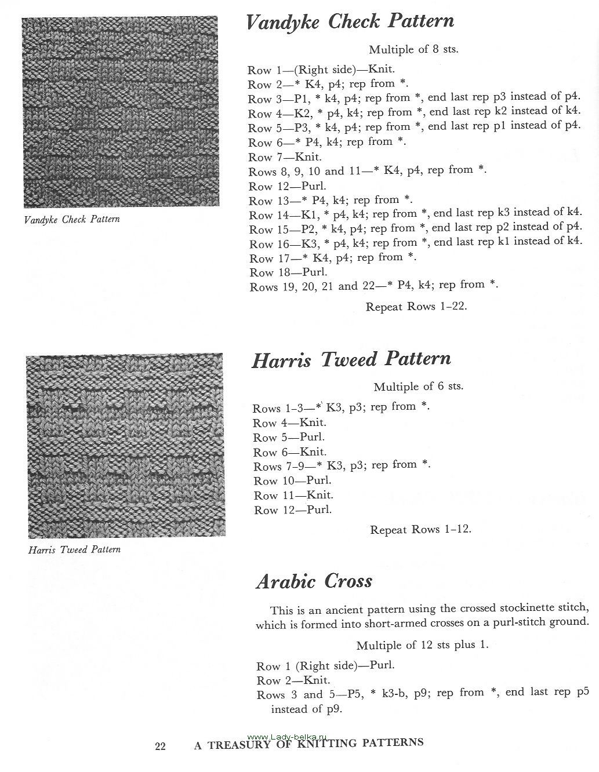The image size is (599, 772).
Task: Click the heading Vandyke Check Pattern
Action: (350, 22)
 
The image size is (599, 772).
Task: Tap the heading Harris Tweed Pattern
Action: (351, 359)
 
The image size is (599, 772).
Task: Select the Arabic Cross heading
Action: (314, 581)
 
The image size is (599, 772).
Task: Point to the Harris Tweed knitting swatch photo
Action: (125, 446)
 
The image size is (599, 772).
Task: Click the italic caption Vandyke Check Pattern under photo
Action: (72, 220)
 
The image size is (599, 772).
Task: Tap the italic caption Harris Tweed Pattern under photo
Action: (74, 549)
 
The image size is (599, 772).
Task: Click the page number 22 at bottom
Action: (160, 746)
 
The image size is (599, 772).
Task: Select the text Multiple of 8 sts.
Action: (413, 49)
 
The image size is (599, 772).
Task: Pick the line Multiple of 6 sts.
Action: (418, 386)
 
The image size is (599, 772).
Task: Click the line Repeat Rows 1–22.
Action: (416, 306)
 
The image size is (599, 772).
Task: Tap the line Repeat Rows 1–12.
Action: (420, 529)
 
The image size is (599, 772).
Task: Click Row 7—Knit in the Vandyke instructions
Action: (285, 157)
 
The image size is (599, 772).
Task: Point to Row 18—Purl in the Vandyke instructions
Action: (288, 272)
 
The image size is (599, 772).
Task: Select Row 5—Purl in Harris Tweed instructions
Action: (288, 438)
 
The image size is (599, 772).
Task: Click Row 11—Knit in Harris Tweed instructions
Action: (293, 496)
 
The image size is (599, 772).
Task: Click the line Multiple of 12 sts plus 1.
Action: (422, 645)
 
